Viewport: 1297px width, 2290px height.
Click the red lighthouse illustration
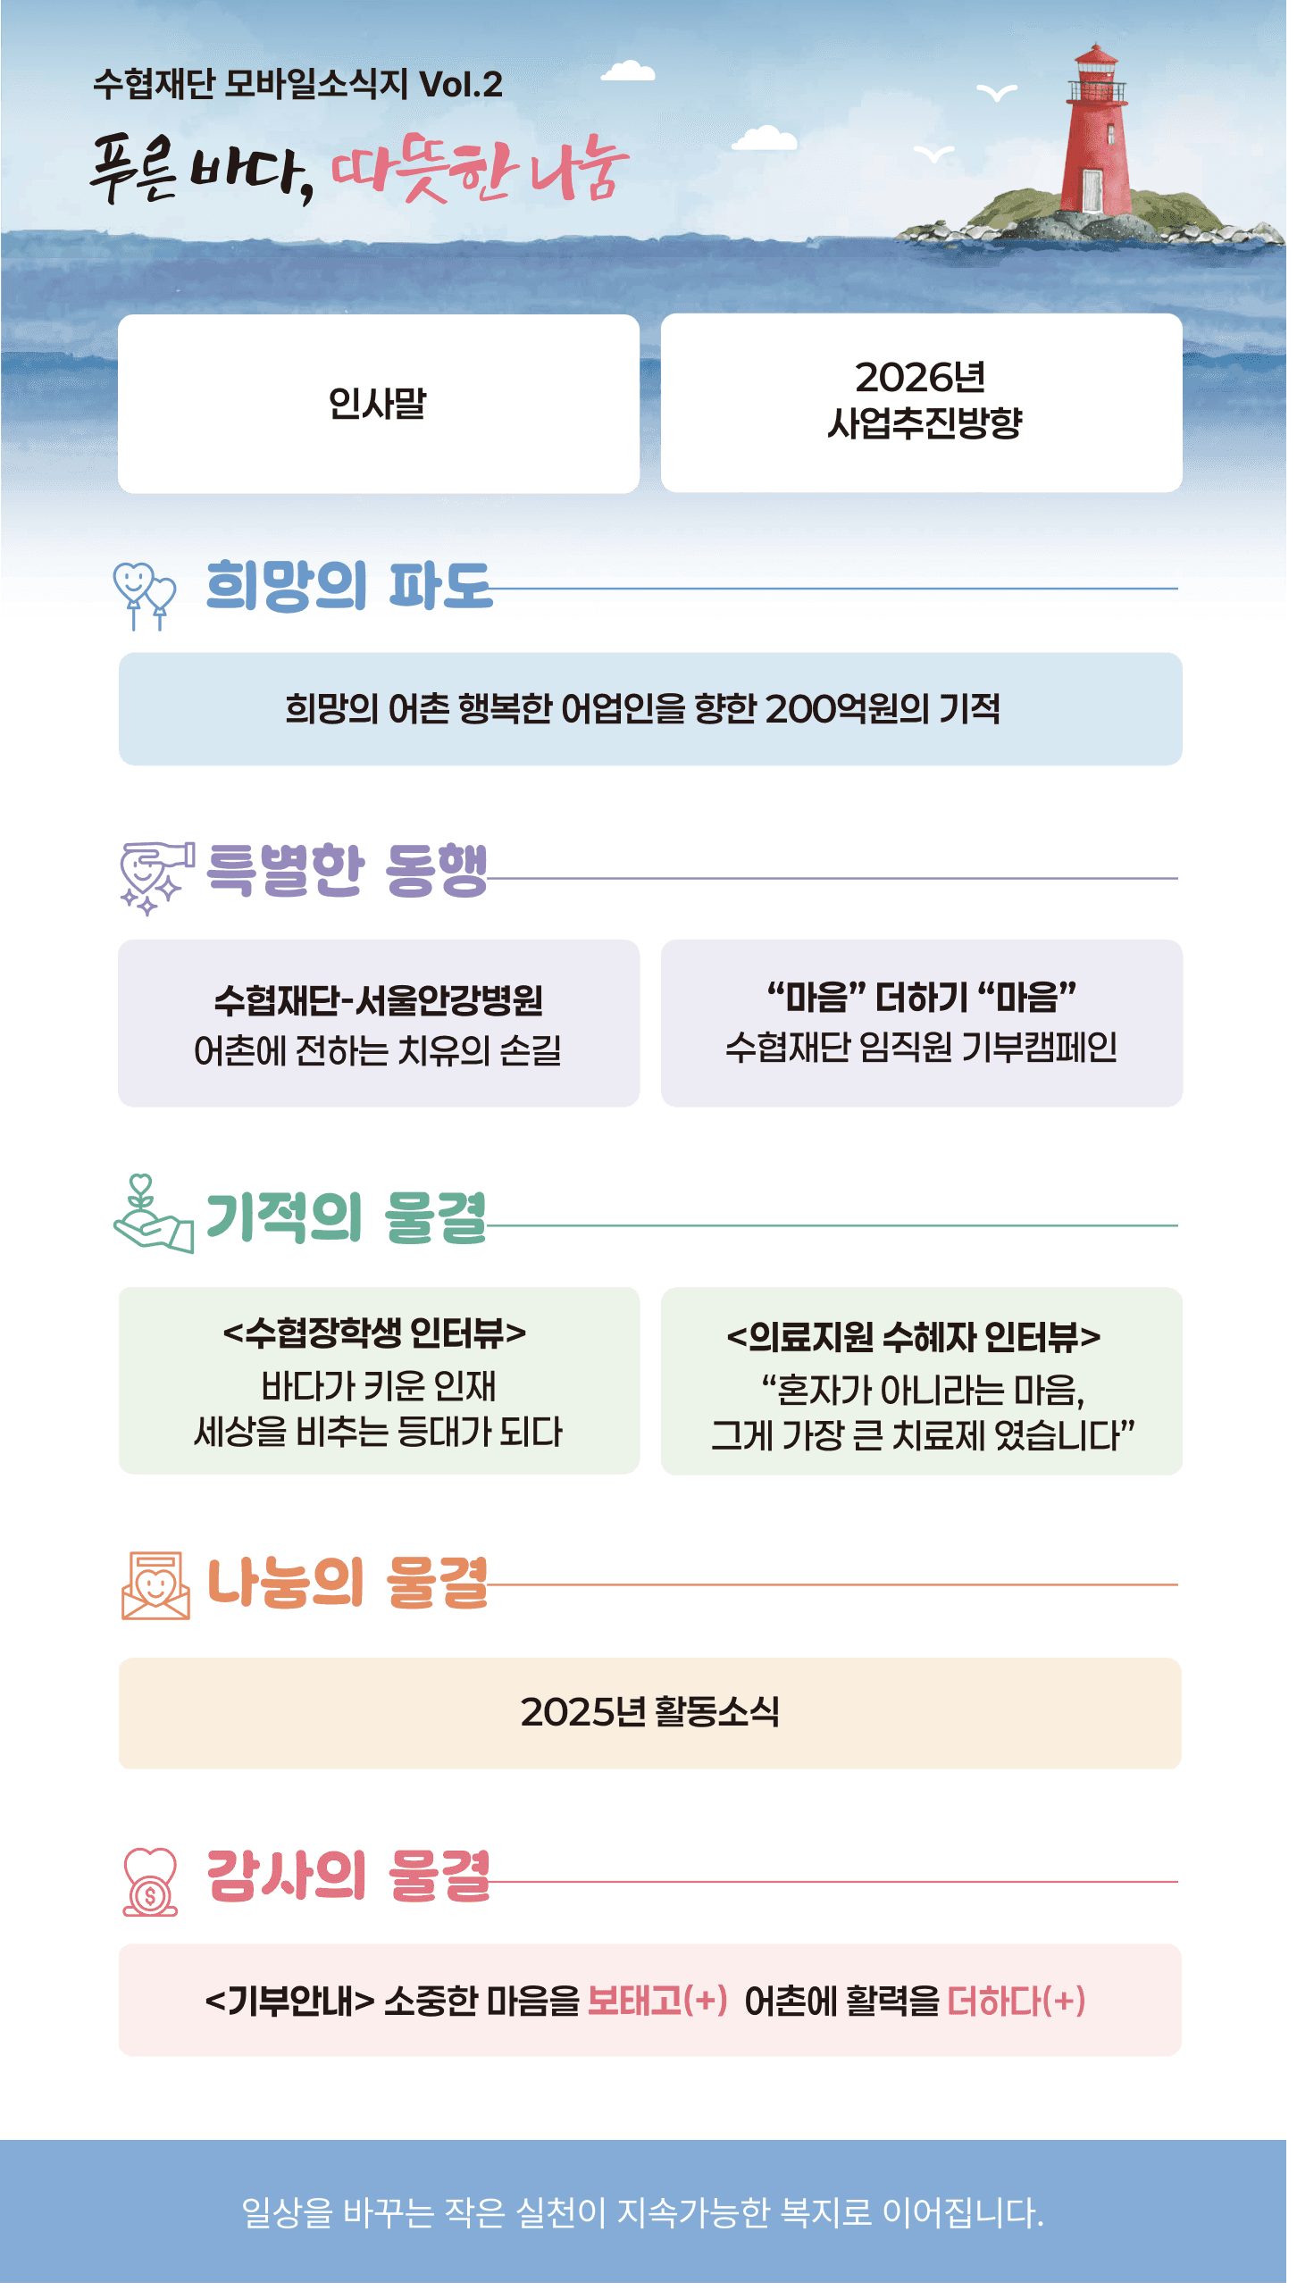[1095, 134]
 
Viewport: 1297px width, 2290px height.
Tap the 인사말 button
[379, 404]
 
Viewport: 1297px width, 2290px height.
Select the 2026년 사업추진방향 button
[922, 403]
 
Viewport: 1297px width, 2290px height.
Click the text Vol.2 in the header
[461, 85]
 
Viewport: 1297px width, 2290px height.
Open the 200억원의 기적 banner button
[650, 709]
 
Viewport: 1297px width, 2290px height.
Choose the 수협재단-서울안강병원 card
[379, 1024]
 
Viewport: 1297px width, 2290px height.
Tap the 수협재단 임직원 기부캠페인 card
[922, 1024]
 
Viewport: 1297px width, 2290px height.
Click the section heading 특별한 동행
[347, 870]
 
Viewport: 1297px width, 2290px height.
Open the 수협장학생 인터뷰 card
[379, 1381]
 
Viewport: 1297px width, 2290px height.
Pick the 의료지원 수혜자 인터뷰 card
[922, 1381]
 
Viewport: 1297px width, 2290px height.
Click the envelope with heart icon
[155, 1585]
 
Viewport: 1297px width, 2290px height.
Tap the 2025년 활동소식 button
[650, 1713]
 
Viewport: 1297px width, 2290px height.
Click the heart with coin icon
[150, 1881]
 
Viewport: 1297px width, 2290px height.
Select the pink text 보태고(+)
[657, 2001]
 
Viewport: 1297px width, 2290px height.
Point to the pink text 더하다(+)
[1017, 2001]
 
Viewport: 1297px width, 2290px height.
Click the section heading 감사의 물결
[348, 1876]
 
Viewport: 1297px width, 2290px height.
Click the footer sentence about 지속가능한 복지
[643, 2212]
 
